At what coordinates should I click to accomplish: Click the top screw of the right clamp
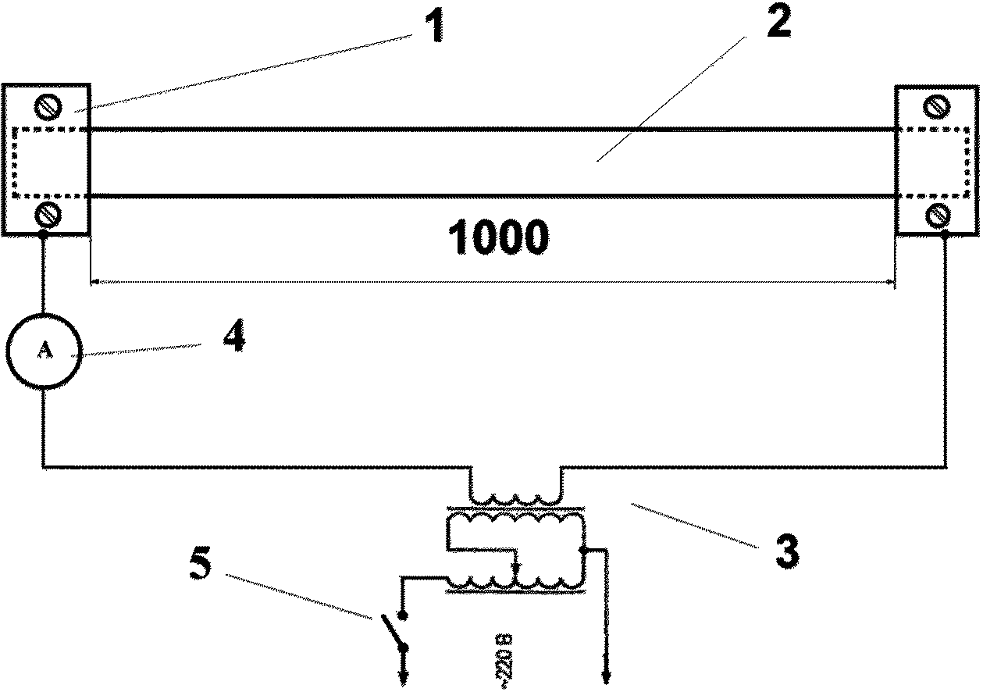tap(937, 105)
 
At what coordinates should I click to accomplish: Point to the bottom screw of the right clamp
tap(937, 212)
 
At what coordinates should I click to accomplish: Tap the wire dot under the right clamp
tap(946, 234)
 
